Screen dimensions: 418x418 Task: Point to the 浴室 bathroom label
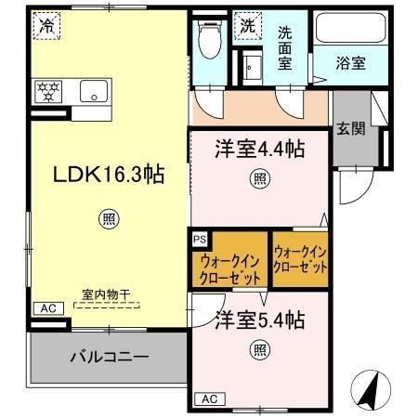pos(350,63)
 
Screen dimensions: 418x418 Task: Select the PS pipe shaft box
pos(199,239)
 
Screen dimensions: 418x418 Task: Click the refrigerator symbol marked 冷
pos(46,26)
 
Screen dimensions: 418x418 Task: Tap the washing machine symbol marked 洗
pos(247,26)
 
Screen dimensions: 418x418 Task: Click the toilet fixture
pos(209,41)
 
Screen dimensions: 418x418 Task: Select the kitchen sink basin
pos(94,90)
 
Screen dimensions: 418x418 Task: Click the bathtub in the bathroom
pos(349,28)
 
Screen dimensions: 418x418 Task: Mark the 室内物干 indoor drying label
pos(104,294)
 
